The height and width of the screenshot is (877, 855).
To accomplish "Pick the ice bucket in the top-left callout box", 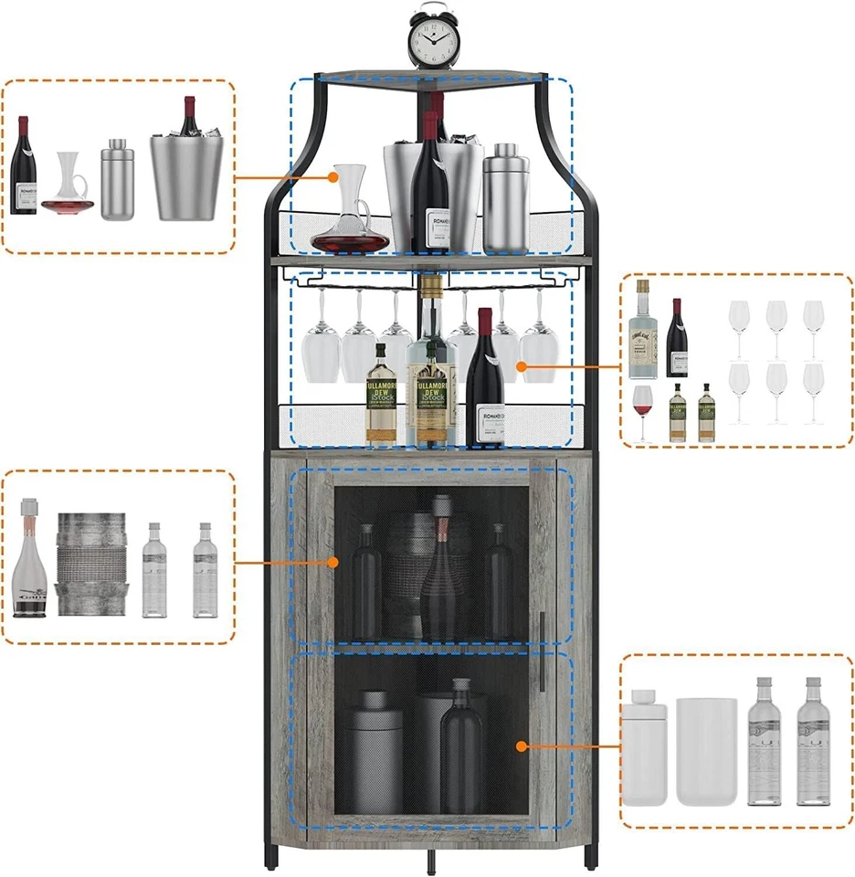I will tap(188, 169).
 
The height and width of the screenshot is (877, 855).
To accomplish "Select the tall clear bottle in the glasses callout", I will tap(644, 331).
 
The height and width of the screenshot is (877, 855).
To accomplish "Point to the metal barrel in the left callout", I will tap(90, 563).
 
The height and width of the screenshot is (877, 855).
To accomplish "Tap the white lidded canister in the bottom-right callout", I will tap(645, 746).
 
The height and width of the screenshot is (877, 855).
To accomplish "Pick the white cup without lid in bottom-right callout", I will tap(706, 751).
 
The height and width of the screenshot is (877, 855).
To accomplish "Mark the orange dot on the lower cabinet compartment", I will tap(521, 745).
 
